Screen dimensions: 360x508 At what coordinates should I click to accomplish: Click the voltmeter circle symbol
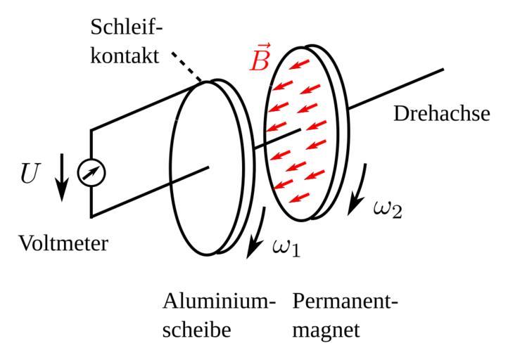[91, 172]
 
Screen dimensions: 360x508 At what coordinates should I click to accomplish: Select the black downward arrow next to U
[62, 176]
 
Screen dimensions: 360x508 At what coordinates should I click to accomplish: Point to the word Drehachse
[440, 113]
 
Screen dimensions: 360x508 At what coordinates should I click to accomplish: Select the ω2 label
[387, 208]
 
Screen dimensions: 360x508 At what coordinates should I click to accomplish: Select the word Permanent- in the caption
[345, 302]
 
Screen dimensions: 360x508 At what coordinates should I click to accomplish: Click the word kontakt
[125, 56]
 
